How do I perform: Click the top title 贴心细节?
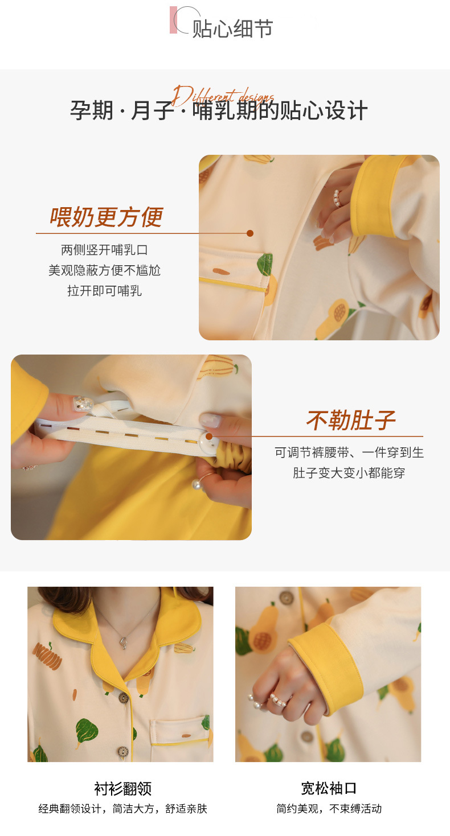[x=232, y=28]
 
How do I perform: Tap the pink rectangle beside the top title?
[x=173, y=20]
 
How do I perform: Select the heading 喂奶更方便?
[x=106, y=217]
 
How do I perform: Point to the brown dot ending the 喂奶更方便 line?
[x=249, y=233]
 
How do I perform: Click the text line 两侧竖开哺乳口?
[x=104, y=250]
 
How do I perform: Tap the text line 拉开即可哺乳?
[x=104, y=291]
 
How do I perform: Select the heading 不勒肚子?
[x=350, y=421]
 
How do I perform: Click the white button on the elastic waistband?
[x=208, y=437]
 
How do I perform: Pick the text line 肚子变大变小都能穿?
[x=349, y=473]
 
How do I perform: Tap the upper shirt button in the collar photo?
[x=123, y=698]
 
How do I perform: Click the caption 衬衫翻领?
[x=122, y=788]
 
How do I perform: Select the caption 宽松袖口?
[x=329, y=788]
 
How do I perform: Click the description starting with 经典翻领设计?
[x=122, y=809]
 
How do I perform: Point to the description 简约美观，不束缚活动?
[x=329, y=809]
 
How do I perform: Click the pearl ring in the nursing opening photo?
[x=338, y=198]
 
